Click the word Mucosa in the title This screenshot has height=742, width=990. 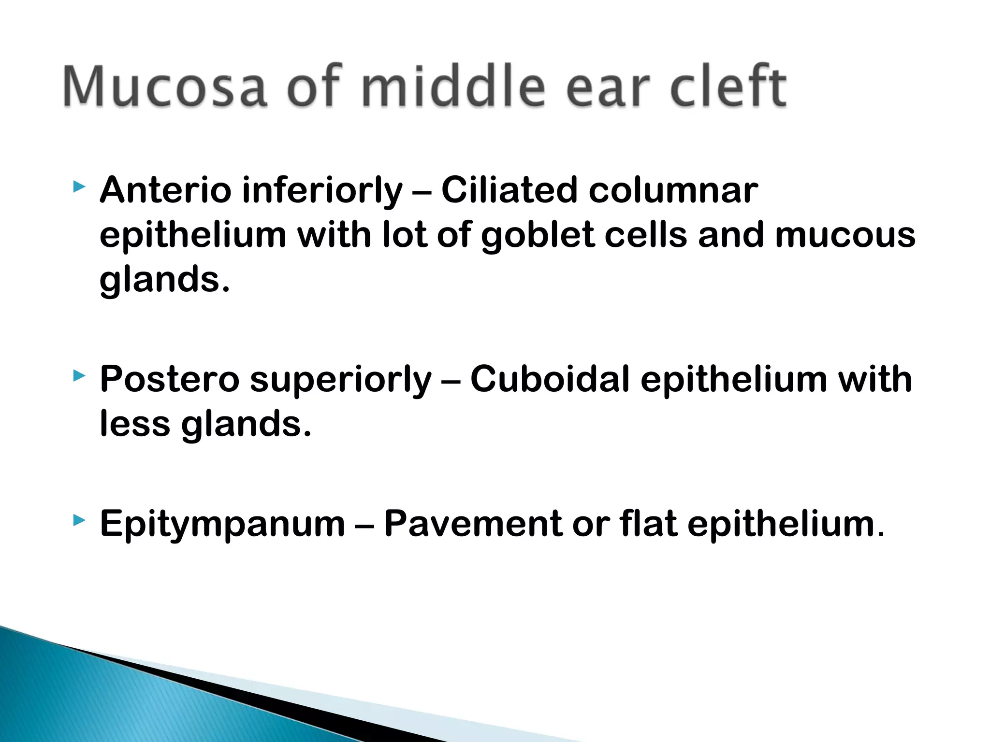[164, 87]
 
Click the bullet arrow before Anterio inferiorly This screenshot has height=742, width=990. [79, 186]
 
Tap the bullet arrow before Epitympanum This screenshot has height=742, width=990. [79, 520]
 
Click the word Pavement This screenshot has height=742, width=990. [473, 524]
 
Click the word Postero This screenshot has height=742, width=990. [169, 379]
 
